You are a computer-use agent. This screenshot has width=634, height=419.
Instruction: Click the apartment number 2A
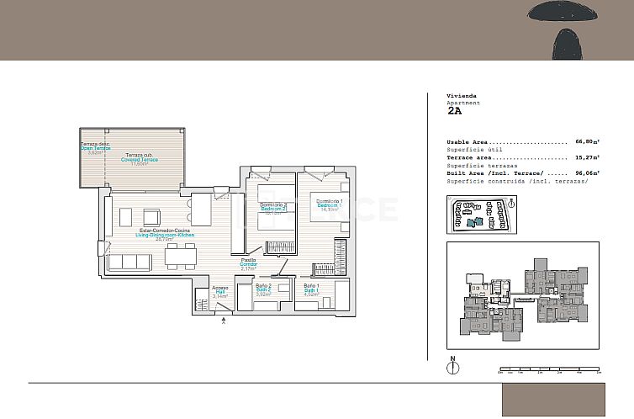pos(454,110)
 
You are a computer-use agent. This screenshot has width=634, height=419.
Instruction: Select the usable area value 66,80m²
pos(590,142)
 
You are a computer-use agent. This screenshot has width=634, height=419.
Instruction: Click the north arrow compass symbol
pos(453,368)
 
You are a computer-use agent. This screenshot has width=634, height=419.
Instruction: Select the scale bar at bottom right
pos(552,369)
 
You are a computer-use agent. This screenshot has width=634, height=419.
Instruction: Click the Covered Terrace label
pos(139,159)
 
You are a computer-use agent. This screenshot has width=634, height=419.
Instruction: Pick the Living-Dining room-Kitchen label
pos(165,235)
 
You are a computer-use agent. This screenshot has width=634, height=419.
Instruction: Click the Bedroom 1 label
pos(329,204)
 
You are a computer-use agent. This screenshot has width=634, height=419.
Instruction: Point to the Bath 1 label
pos(310,289)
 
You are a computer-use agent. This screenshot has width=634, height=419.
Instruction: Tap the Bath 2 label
pos(262,289)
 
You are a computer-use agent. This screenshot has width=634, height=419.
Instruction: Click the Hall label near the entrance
pos(220,292)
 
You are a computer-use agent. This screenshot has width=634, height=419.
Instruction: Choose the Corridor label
pos(248,264)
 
